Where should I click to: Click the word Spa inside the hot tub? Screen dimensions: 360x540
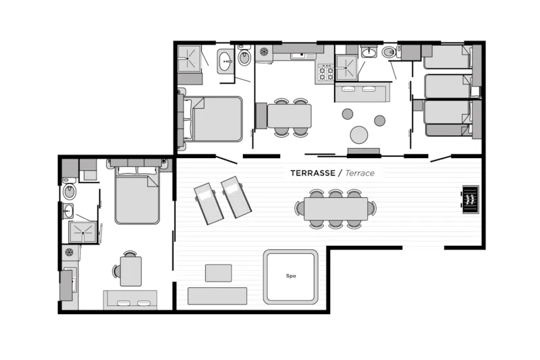tap(291, 276)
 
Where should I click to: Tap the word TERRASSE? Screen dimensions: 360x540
tap(315, 173)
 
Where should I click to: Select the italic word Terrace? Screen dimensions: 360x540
tap(360, 173)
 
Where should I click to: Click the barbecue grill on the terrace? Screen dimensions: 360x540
tap(470, 199)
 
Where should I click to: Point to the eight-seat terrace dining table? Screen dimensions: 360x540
tap(335, 208)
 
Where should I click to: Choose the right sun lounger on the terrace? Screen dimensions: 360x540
tap(236, 197)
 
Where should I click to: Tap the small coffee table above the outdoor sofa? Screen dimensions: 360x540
tap(217, 272)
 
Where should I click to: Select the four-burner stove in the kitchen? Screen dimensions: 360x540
tap(325, 72)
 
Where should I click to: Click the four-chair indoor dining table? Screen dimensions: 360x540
tap(290, 116)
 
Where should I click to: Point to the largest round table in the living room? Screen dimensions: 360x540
tap(359, 135)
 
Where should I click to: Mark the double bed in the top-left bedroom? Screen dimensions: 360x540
tap(215, 118)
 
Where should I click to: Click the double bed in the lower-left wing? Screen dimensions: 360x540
tap(137, 196)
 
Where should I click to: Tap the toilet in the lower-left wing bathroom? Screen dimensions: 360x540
tap(69, 191)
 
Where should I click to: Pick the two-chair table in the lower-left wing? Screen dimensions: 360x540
tap(131, 269)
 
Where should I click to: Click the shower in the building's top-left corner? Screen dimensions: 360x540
tap(189, 59)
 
